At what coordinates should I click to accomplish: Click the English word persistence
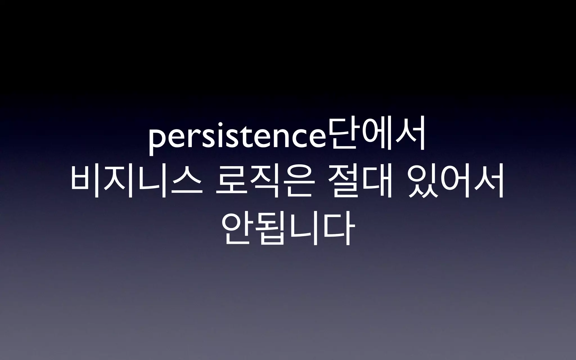pyautogui.click(x=236, y=139)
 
